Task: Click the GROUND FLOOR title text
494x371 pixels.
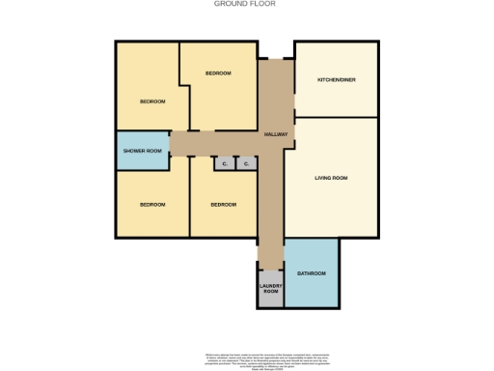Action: (244, 4)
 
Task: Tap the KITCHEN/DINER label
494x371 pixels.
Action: (337, 80)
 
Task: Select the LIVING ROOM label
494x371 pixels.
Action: (331, 178)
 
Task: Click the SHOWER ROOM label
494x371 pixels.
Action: (141, 151)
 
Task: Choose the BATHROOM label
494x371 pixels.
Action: (311, 273)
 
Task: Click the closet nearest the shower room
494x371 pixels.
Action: (224, 164)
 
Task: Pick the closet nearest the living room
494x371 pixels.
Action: (247, 164)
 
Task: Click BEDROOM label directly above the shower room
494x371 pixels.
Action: (152, 101)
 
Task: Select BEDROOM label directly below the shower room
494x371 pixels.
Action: (152, 205)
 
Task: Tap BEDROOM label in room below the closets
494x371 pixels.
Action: (223, 205)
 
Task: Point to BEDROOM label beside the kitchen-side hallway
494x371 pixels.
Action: (217, 73)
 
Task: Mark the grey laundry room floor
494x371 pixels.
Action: (271, 300)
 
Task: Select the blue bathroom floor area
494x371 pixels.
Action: (311, 290)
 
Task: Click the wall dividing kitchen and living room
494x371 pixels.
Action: (336, 117)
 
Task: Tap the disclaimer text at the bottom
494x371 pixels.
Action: (247, 359)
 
